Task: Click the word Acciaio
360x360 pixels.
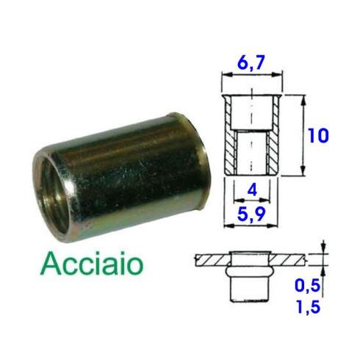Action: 92,264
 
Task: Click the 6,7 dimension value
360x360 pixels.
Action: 251,62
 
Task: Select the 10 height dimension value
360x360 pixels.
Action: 318,135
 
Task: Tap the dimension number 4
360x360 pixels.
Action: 252,190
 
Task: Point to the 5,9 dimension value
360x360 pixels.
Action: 251,215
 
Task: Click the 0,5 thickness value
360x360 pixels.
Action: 308,285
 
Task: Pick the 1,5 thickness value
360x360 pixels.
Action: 309,306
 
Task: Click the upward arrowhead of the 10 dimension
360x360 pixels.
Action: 303,101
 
